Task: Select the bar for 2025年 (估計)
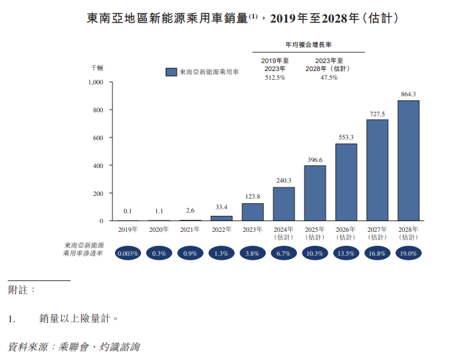(x=314, y=193)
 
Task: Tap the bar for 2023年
(x=253, y=212)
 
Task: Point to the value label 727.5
(x=377, y=114)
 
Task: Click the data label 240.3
(x=284, y=180)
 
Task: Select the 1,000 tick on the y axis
(x=96, y=82)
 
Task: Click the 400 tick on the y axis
(x=98, y=165)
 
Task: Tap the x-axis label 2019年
(x=127, y=230)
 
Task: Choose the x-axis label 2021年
(x=190, y=230)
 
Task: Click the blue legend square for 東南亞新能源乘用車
(x=171, y=72)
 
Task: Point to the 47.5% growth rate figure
(x=328, y=78)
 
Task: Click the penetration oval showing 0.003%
(x=127, y=253)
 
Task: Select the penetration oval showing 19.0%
(x=408, y=253)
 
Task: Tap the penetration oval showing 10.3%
(x=314, y=253)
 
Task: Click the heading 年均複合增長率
(x=308, y=45)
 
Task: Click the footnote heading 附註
(x=22, y=290)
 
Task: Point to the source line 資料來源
(x=74, y=347)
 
